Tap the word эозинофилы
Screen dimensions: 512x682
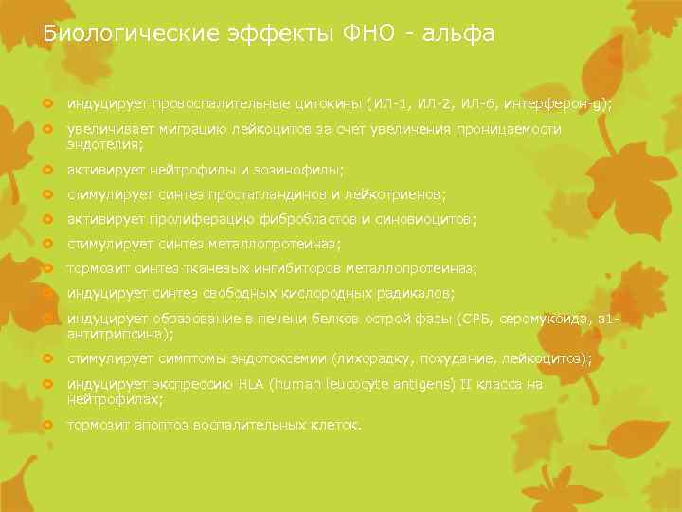pos(302,170)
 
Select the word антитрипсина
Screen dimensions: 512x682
pos(118,335)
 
